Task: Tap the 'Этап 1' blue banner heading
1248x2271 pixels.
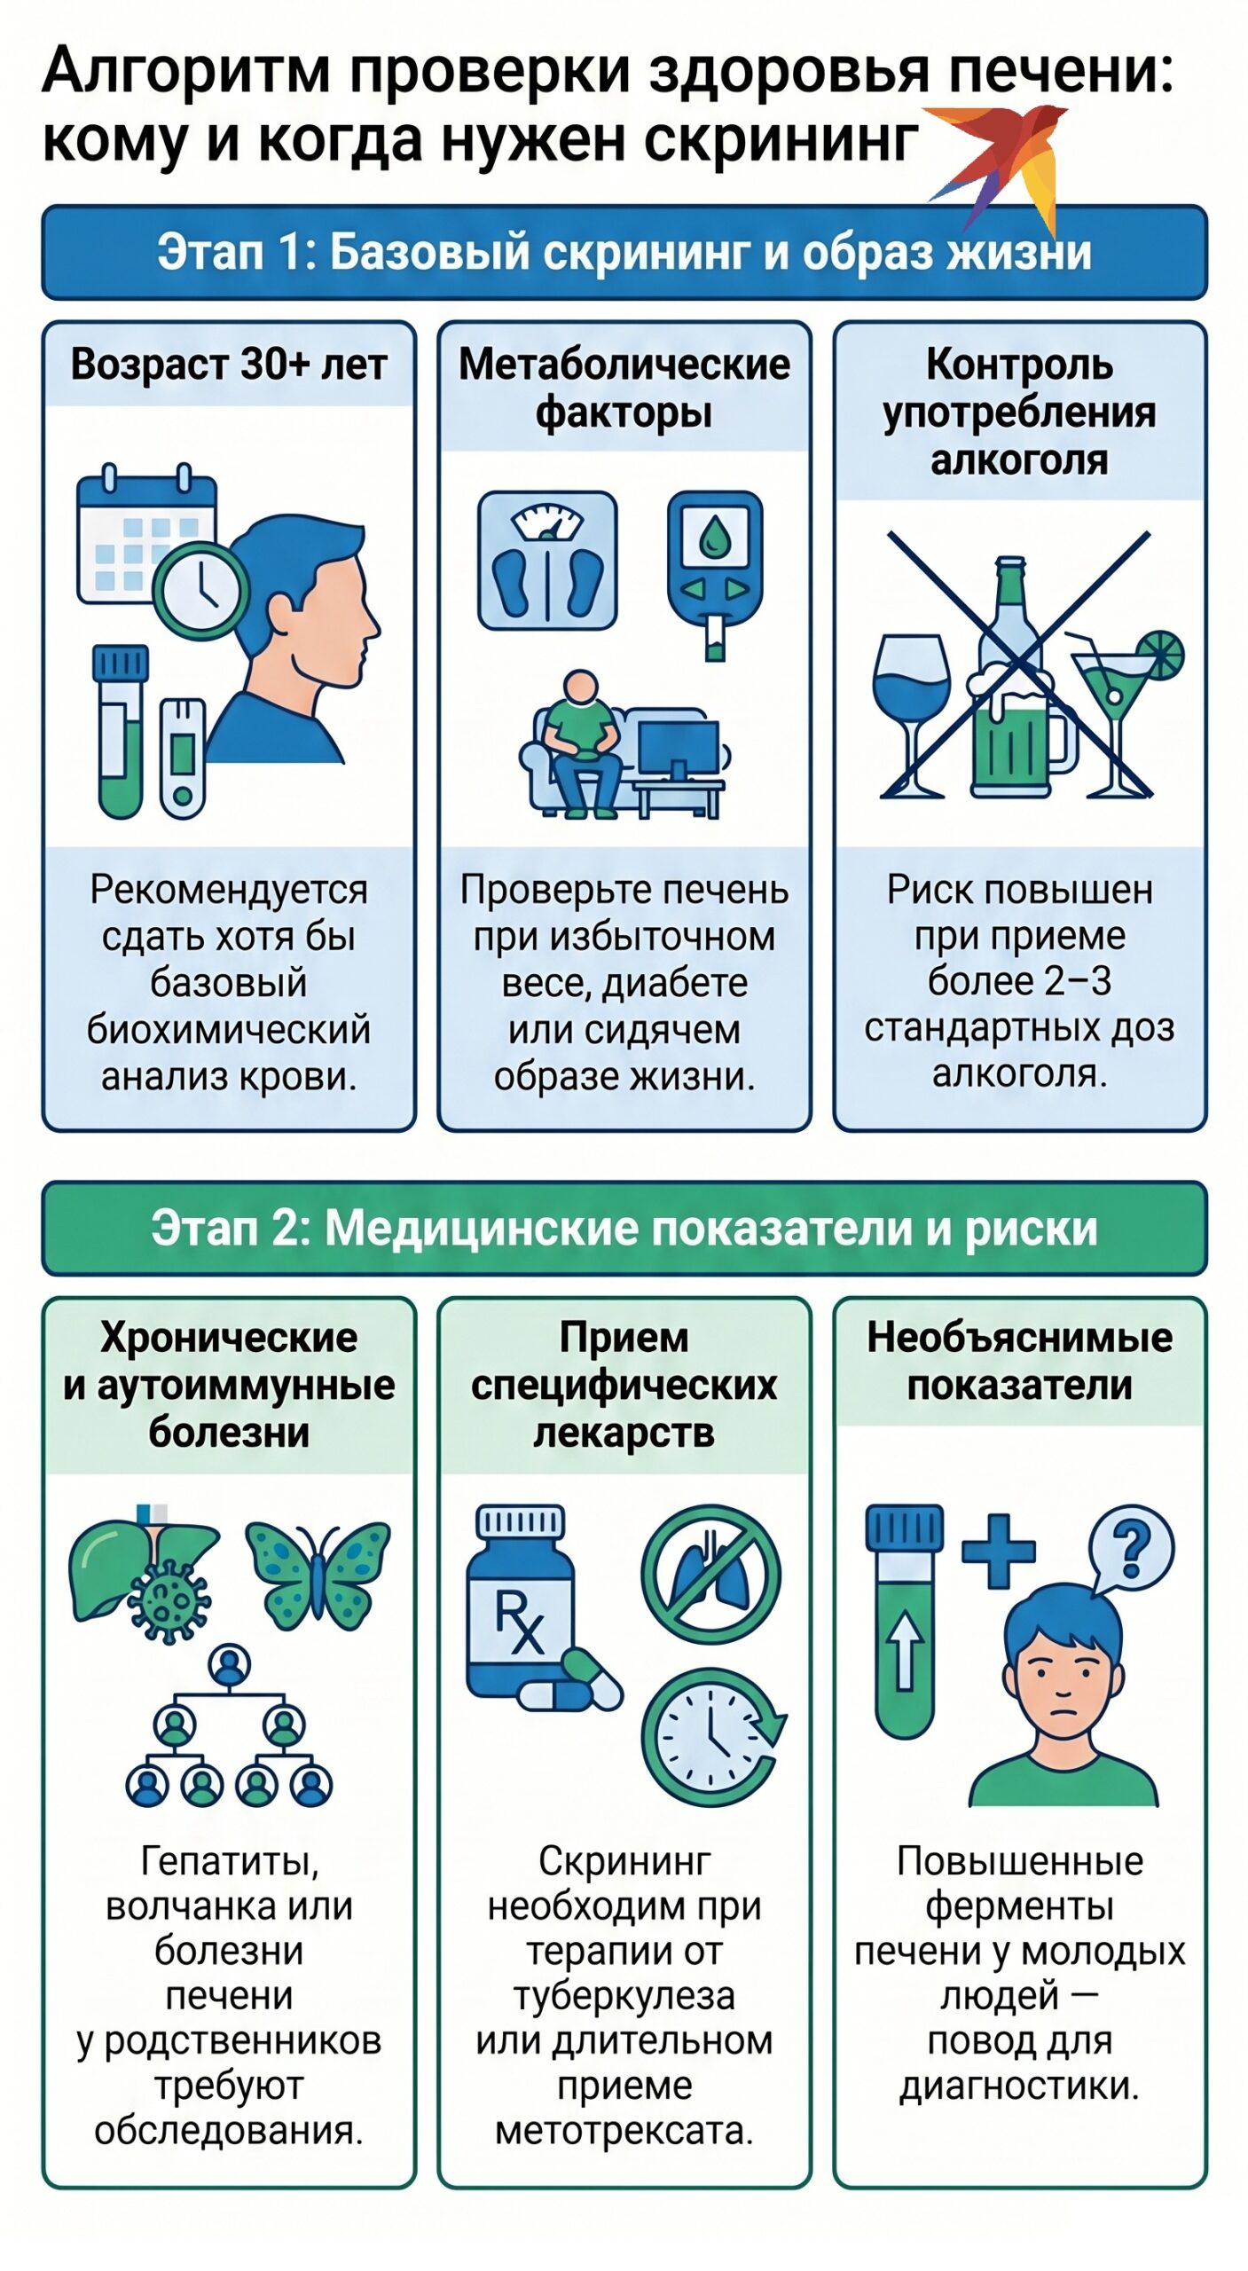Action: tap(624, 253)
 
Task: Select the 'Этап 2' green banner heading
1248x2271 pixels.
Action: tap(624, 1229)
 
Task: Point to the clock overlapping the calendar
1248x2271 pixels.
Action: tap(200, 590)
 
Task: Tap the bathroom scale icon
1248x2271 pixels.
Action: tap(547, 561)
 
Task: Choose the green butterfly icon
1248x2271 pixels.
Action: tap(317, 1576)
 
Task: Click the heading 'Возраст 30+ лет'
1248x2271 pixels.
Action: tap(229, 365)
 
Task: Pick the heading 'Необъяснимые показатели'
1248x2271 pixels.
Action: tap(1020, 1361)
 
